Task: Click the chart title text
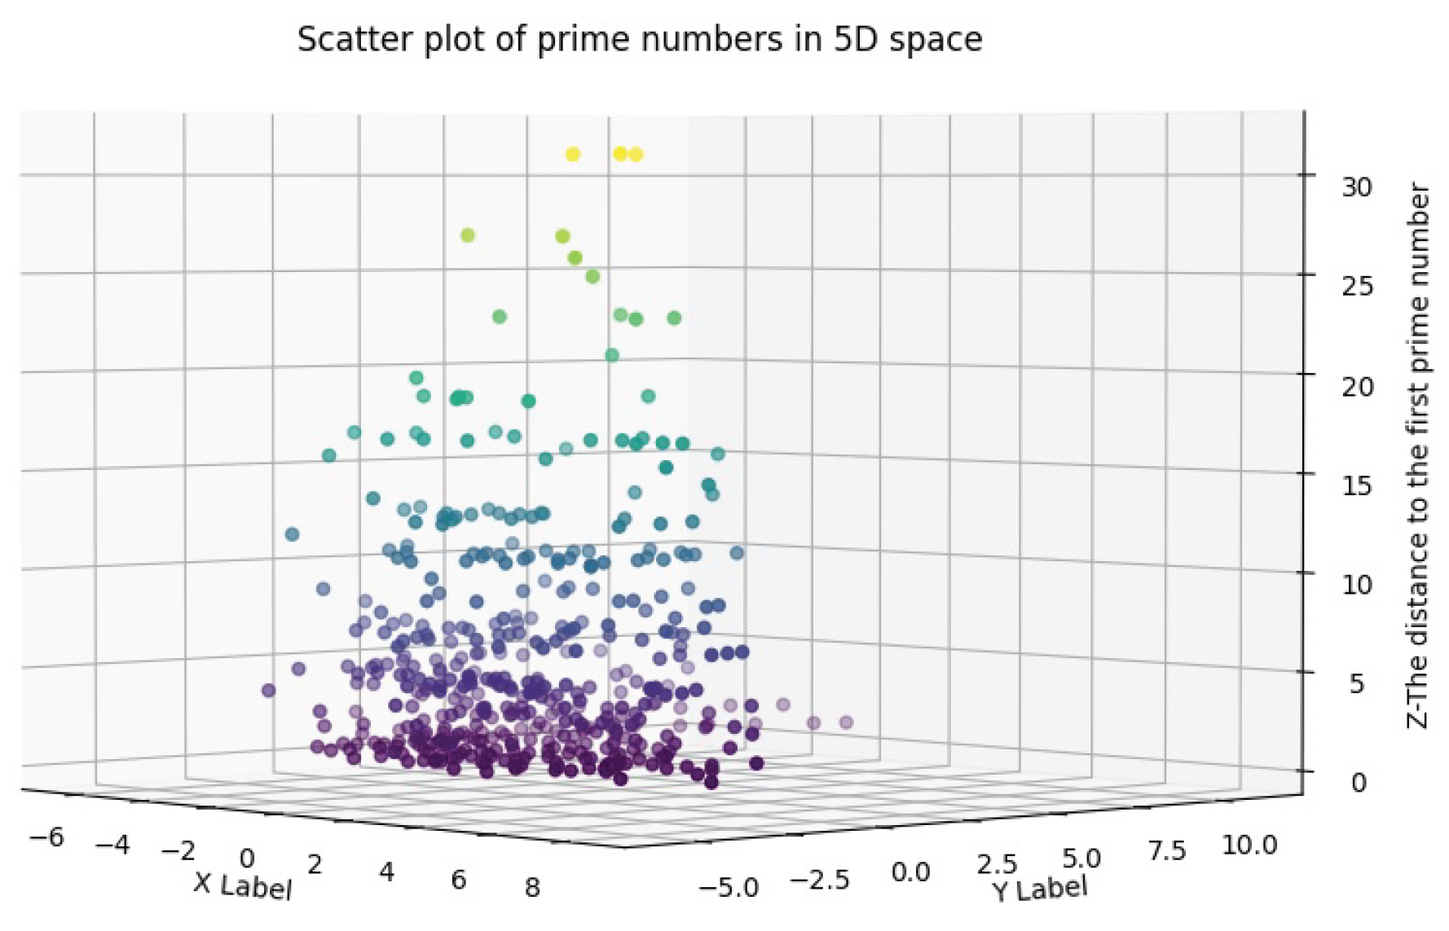coord(639,39)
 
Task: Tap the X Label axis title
coord(242,885)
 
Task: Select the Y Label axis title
coord(1040,889)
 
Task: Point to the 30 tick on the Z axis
coord(1357,187)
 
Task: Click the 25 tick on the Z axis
coord(1357,286)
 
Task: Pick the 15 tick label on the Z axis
coord(1357,485)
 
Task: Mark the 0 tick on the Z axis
coord(1359,783)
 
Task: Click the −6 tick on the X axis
coord(46,837)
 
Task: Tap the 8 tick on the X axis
coord(532,887)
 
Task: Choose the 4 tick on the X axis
coord(387,872)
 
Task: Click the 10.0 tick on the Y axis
coord(1249,845)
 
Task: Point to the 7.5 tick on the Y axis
coord(1166,852)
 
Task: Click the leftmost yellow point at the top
coord(573,154)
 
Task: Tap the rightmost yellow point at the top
coord(636,154)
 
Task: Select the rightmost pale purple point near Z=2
coord(846,722)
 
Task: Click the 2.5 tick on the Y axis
coord(998,865)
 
